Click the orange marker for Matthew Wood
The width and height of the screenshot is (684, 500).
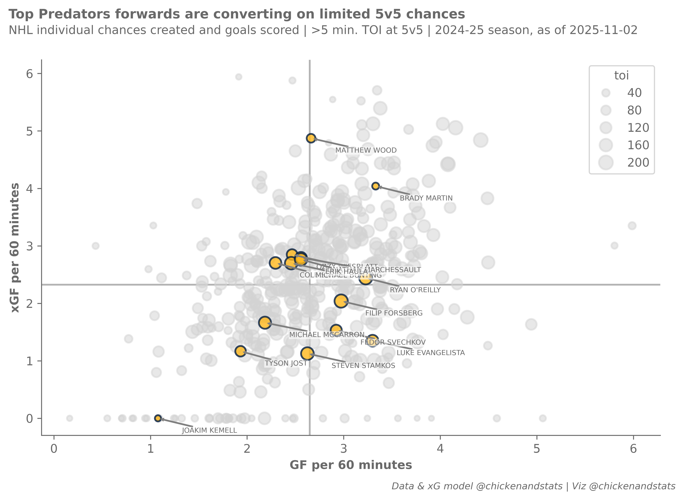(x=311, y=138)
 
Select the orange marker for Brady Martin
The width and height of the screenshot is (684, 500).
(x=376, y=186)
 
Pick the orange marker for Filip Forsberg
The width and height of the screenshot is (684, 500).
(x=341, y=301)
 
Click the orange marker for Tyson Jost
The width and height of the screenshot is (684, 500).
(x=240, y=351)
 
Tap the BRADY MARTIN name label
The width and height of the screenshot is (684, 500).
(x=426, y=198)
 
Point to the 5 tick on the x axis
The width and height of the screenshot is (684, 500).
(x=537, y=449)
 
